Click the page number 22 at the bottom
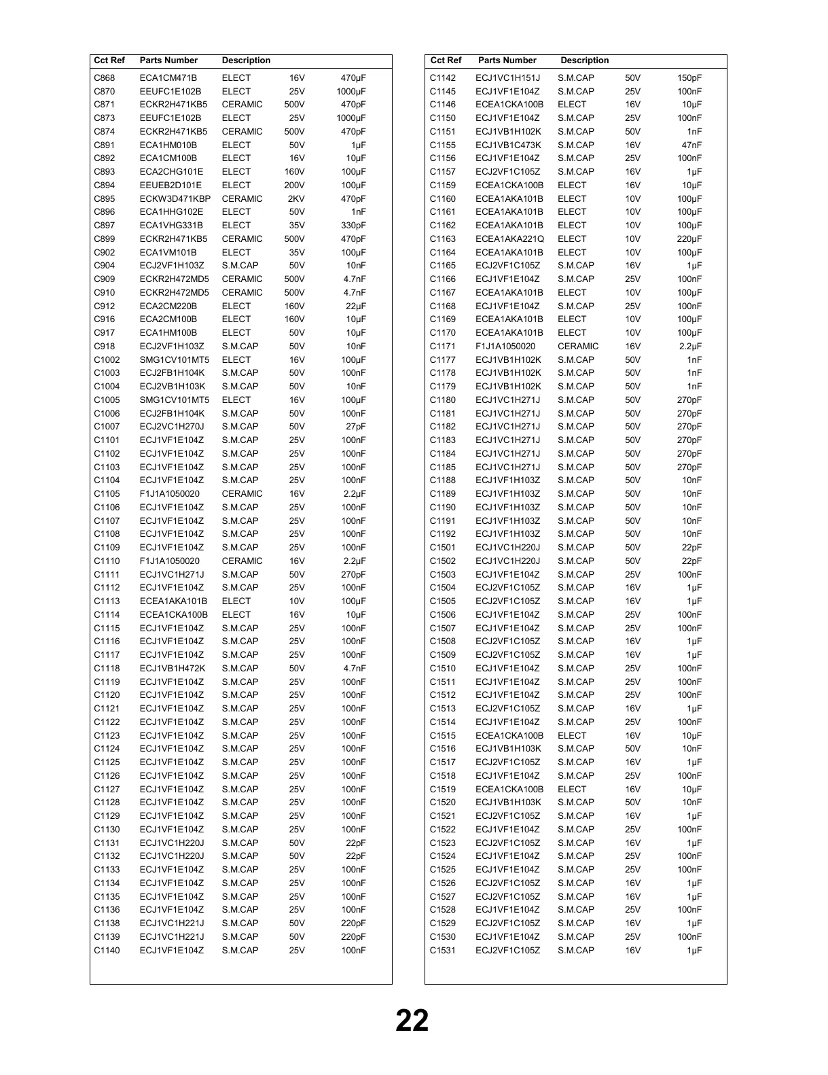click(412, 1021)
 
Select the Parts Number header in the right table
click(507, 60)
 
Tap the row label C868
click(105, 78)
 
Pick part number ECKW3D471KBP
click(175, 199)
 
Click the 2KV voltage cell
click(296, 199)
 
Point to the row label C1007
click(107, 427)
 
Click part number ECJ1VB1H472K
click(172, 669)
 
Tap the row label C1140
click(107, 951)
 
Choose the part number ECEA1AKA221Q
click(509, 239)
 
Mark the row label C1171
click(442, 347)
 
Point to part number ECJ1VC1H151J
click(507, 78)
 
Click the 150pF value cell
click(689, 78)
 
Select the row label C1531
click(442, 951)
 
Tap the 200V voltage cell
click(294, 186)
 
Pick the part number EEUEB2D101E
click(170, 186)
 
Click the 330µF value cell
click(353, 226)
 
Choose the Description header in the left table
click(246, 60)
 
